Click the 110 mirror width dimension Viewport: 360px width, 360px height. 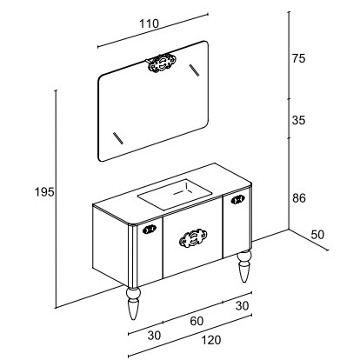click(x=150, y=23)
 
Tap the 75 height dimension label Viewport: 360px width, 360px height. click(x=298, y=58)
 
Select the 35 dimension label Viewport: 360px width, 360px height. click(x=298, y=120)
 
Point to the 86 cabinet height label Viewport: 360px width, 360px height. click(x=299, y=198)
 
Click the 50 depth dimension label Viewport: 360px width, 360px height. click(x=317, y=235)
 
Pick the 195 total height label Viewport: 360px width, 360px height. click(x=44, y=192)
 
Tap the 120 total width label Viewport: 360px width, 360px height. click(x=211, y=340)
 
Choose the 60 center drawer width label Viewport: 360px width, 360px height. click(x=197, y=321)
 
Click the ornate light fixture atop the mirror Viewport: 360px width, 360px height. click(x=161, y=63)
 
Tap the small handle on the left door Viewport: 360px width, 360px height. click(x=150, y=230)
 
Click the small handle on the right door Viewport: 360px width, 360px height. click(x=238, y=199)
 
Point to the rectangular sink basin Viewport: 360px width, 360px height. click(x=175, y=194)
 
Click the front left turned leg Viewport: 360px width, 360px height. click(x=133, y=303)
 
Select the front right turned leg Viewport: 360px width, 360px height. click(x=244, y=266)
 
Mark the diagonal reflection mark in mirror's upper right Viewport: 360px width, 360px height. click(x=194, y=70)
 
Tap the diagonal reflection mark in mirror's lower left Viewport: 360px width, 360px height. click(x=118, y=138)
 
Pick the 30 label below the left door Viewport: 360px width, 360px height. click(x=154, y=336)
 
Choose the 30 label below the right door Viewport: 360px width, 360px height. click(x=242, y=305)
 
